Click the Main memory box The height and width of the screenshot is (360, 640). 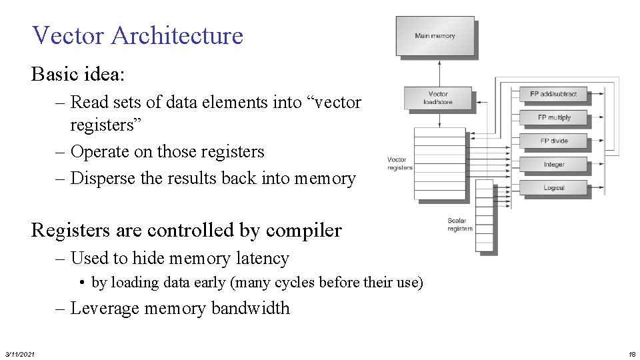click(435, 36)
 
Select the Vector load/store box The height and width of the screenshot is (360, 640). click(438, 98)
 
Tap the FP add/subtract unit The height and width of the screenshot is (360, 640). click(553, 94)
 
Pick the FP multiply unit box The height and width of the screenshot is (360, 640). click(553, 117)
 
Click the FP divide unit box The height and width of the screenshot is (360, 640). click(553, 141)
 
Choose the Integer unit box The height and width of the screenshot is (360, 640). click(553, 164)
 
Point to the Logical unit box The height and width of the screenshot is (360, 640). click(553, 187)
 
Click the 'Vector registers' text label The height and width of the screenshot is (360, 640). click(399, 163)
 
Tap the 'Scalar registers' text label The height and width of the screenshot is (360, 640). click(459, 225)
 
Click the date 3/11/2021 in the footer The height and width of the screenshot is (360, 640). click(20, 353)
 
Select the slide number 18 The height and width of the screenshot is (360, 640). click(632, 353)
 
